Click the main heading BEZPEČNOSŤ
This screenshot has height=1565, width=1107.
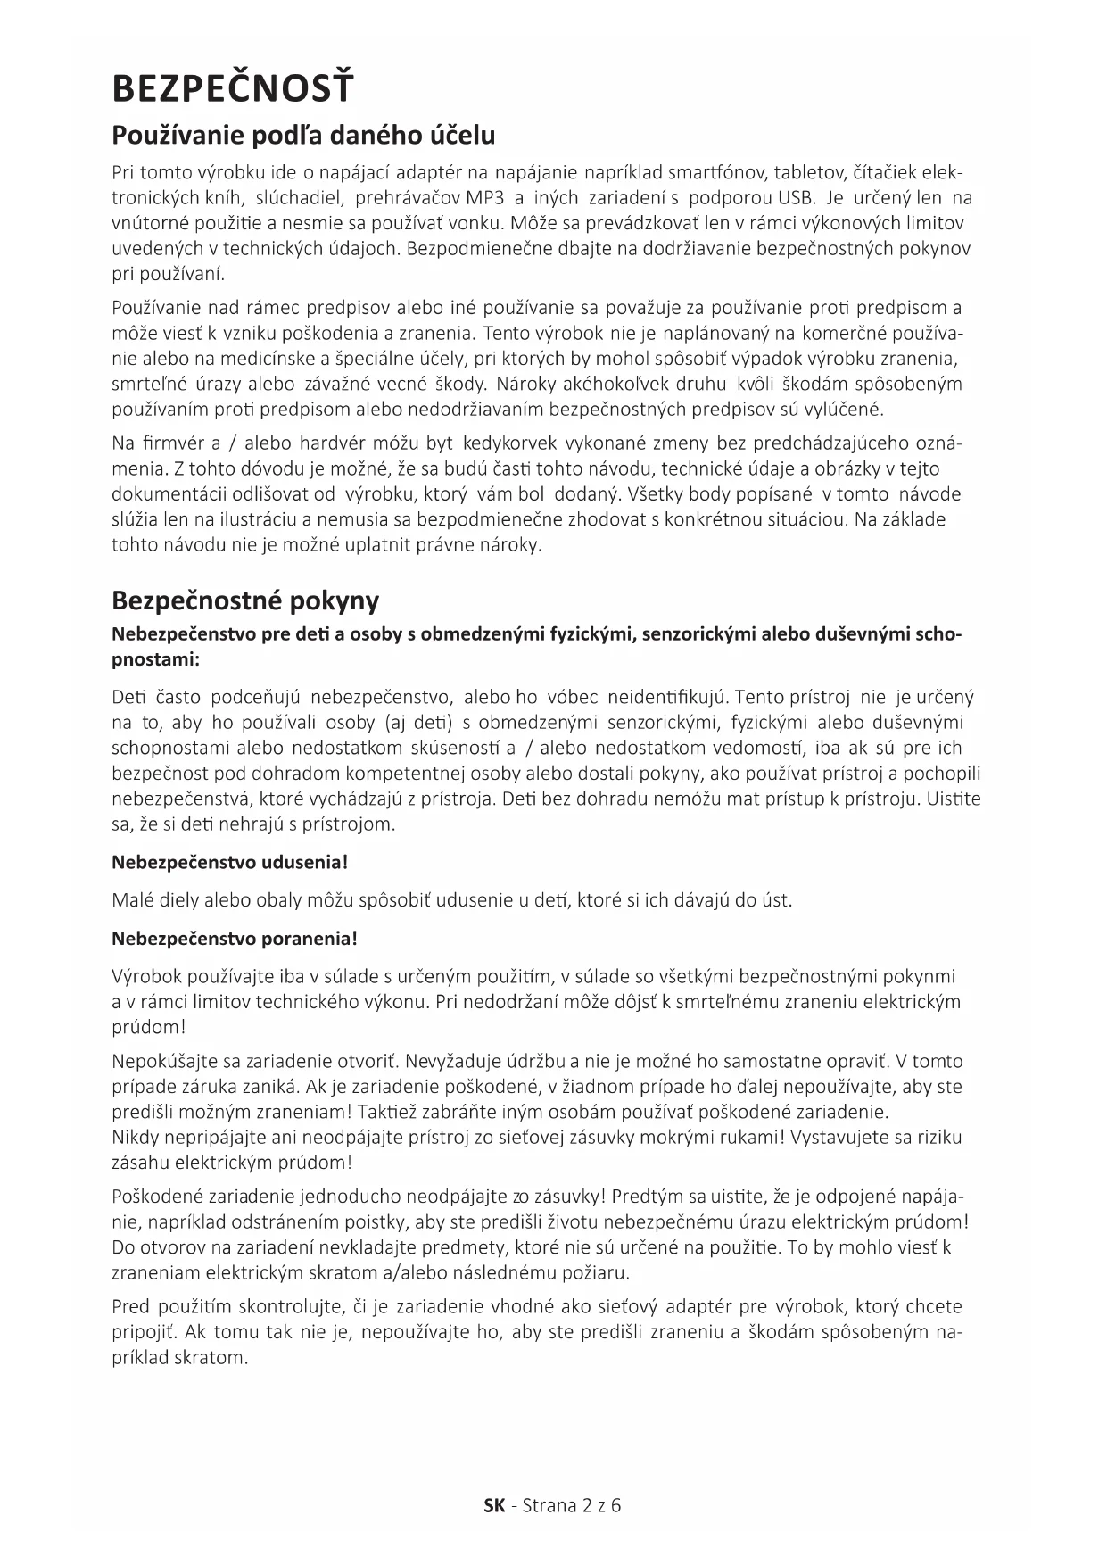tap(232, 89)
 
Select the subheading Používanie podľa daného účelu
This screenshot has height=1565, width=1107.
tap(303, 136)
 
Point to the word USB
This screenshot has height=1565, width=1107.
tap(796, 197)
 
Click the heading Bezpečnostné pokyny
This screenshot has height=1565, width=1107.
tap(245, 600)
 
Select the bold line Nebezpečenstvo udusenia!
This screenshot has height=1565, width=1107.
tap(229, 863)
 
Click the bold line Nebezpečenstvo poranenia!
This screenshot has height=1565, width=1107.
tap(235, 939)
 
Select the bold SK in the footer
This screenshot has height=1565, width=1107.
tap(494, 1506)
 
